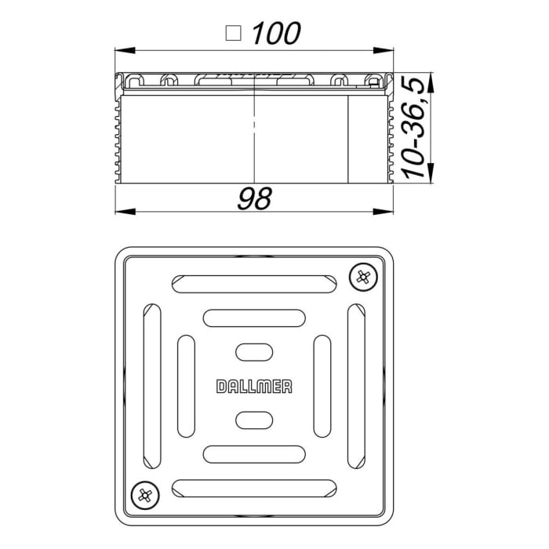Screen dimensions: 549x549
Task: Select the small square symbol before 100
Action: point(232,33)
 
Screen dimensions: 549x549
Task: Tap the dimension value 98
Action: point(256,199)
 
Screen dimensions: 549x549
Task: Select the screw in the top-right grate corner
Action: point(361,276)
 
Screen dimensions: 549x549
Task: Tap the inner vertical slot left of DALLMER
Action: point(186,385)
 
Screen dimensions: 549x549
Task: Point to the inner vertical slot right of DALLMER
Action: point(321,385)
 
